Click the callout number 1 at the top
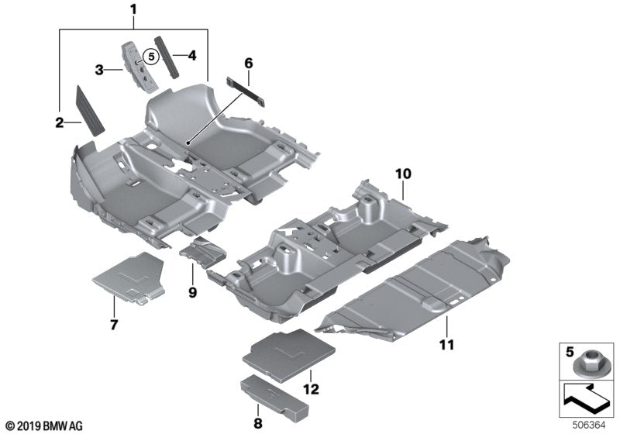[x=133, y=10]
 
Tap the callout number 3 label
[x=99, y=71]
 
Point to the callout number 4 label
[x=193, y=55]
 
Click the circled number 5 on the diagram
[x=151, y=56]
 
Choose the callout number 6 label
[x=248, y=60]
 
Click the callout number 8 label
[x=257, y=424]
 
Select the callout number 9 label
[x=192, y=292]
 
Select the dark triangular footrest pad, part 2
[x=91, y=110]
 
